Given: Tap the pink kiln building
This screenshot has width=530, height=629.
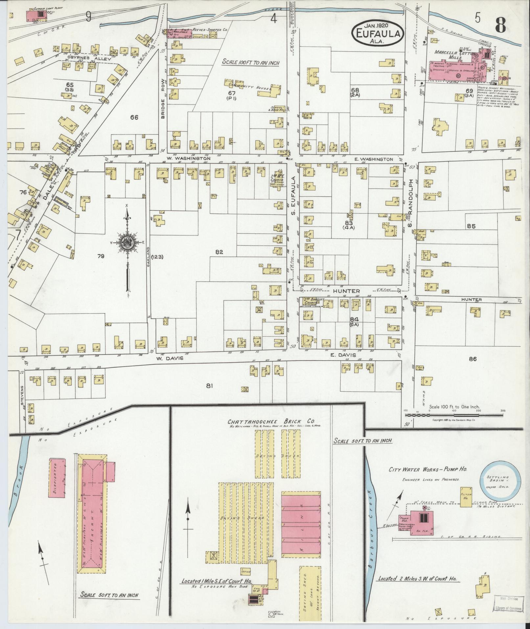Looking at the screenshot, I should click(x=301, y=522).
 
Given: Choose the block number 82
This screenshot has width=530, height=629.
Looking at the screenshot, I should click(x=219, y=252).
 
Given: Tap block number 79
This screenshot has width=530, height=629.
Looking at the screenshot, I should click(x=101, y=256).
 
